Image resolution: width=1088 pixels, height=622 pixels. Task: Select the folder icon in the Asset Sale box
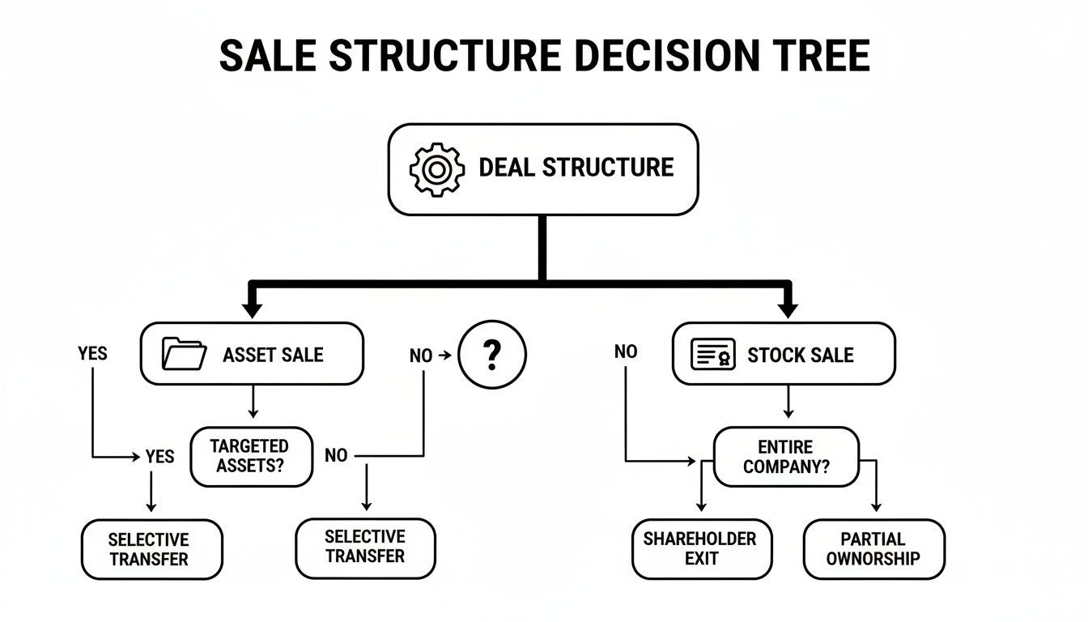[x=184, y=354]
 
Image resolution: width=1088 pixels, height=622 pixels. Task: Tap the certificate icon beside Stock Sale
[x=713, y=355]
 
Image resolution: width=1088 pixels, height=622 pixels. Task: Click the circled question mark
[x=491, y=354]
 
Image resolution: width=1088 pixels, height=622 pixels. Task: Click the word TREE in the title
[x=826, y=56]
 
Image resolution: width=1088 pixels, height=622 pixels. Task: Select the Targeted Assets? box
[x=250, y=457]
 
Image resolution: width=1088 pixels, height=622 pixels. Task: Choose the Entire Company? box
[x=785, y=457]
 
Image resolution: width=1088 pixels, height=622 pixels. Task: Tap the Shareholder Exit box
[x=701, y=548]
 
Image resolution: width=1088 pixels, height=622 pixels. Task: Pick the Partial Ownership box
[x=873, y=548]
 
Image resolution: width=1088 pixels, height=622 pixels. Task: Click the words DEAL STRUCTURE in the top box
[x=576, y=168]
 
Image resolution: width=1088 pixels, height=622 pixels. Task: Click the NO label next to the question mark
[x=420, y=356]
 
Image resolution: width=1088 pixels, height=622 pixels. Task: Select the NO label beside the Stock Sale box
[x=626, y=351]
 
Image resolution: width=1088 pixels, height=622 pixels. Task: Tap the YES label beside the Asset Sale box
[x=92, y=353]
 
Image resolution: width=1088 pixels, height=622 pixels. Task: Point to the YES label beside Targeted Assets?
[x=159, y=457]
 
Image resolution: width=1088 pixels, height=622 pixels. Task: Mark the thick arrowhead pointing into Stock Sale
[x=788, y=309]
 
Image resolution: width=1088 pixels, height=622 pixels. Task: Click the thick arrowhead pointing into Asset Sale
[x=252, y=309]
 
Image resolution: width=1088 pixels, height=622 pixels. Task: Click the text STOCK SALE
[x=800, y=355]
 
